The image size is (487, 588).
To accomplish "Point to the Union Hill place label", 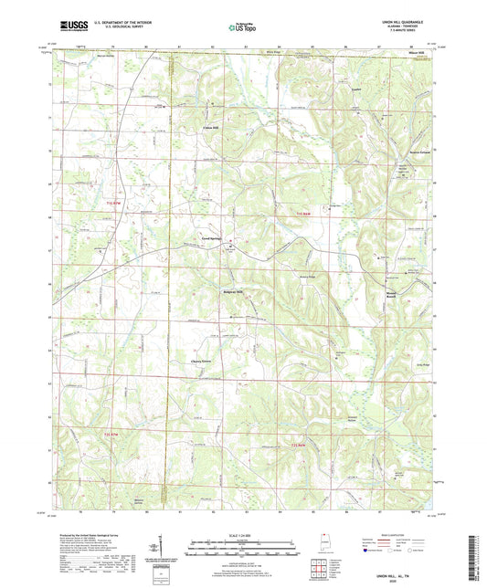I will (x=211, y=127).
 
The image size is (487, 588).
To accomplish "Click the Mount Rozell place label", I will (x=391, y=294).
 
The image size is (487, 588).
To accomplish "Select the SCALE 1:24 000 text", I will (x=243, y=533).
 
